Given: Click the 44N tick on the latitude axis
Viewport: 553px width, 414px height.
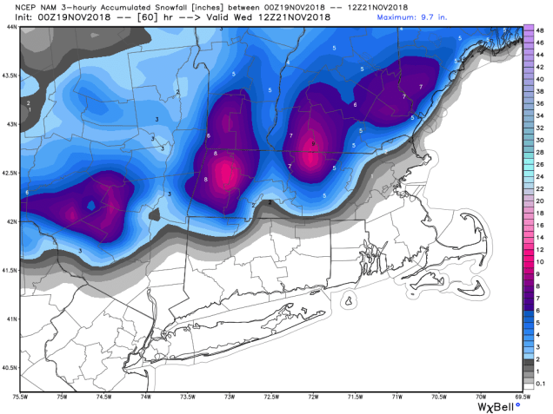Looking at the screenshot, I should (10, 27).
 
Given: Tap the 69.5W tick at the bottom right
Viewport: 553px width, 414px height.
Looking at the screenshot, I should (521, 398).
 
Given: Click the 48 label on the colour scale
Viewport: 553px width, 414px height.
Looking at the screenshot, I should (539, 30).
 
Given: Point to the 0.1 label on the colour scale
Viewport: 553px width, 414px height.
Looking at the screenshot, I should (540, 383).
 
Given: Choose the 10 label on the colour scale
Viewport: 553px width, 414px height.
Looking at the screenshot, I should (539, 261).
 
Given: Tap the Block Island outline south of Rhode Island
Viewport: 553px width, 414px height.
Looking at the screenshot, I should (350, 301).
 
